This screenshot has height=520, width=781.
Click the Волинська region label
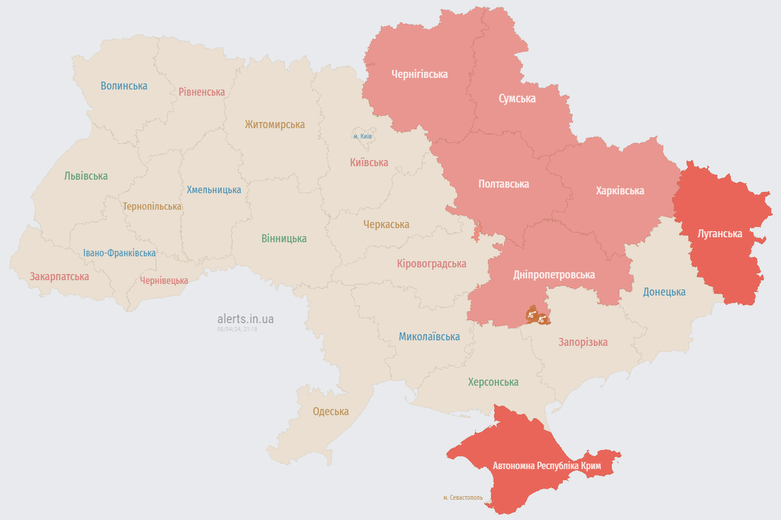tap(124, 86)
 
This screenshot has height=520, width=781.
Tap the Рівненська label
tap(202, 92)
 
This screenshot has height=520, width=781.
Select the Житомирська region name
tap(275, 124)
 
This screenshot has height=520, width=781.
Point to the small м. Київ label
tap(362, 136)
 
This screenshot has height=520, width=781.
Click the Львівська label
tap(86, 176)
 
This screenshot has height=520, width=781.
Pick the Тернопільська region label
tap(152, 207)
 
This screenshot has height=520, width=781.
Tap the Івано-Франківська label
tap(120, 253)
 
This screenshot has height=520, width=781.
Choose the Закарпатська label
tap(59, 277)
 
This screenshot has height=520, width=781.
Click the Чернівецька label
tap(164, 280)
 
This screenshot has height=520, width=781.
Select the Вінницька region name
tap(284, 239)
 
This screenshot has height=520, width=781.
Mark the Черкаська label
tap(386, 224)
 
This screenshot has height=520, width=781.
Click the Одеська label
tap(330, 411)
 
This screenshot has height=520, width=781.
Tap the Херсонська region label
tap(493, 382)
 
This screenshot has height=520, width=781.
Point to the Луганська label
tap(720, 234)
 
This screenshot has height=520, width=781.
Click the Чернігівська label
tap(419, 74)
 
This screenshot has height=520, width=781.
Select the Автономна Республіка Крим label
tap(547, 466)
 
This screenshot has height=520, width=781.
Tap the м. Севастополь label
tap(463, 498)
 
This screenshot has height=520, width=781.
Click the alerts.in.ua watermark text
tap(245, 319)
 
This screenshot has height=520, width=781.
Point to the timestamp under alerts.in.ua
tap(237, 329)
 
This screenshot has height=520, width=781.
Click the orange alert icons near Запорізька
tap(537, 316)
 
